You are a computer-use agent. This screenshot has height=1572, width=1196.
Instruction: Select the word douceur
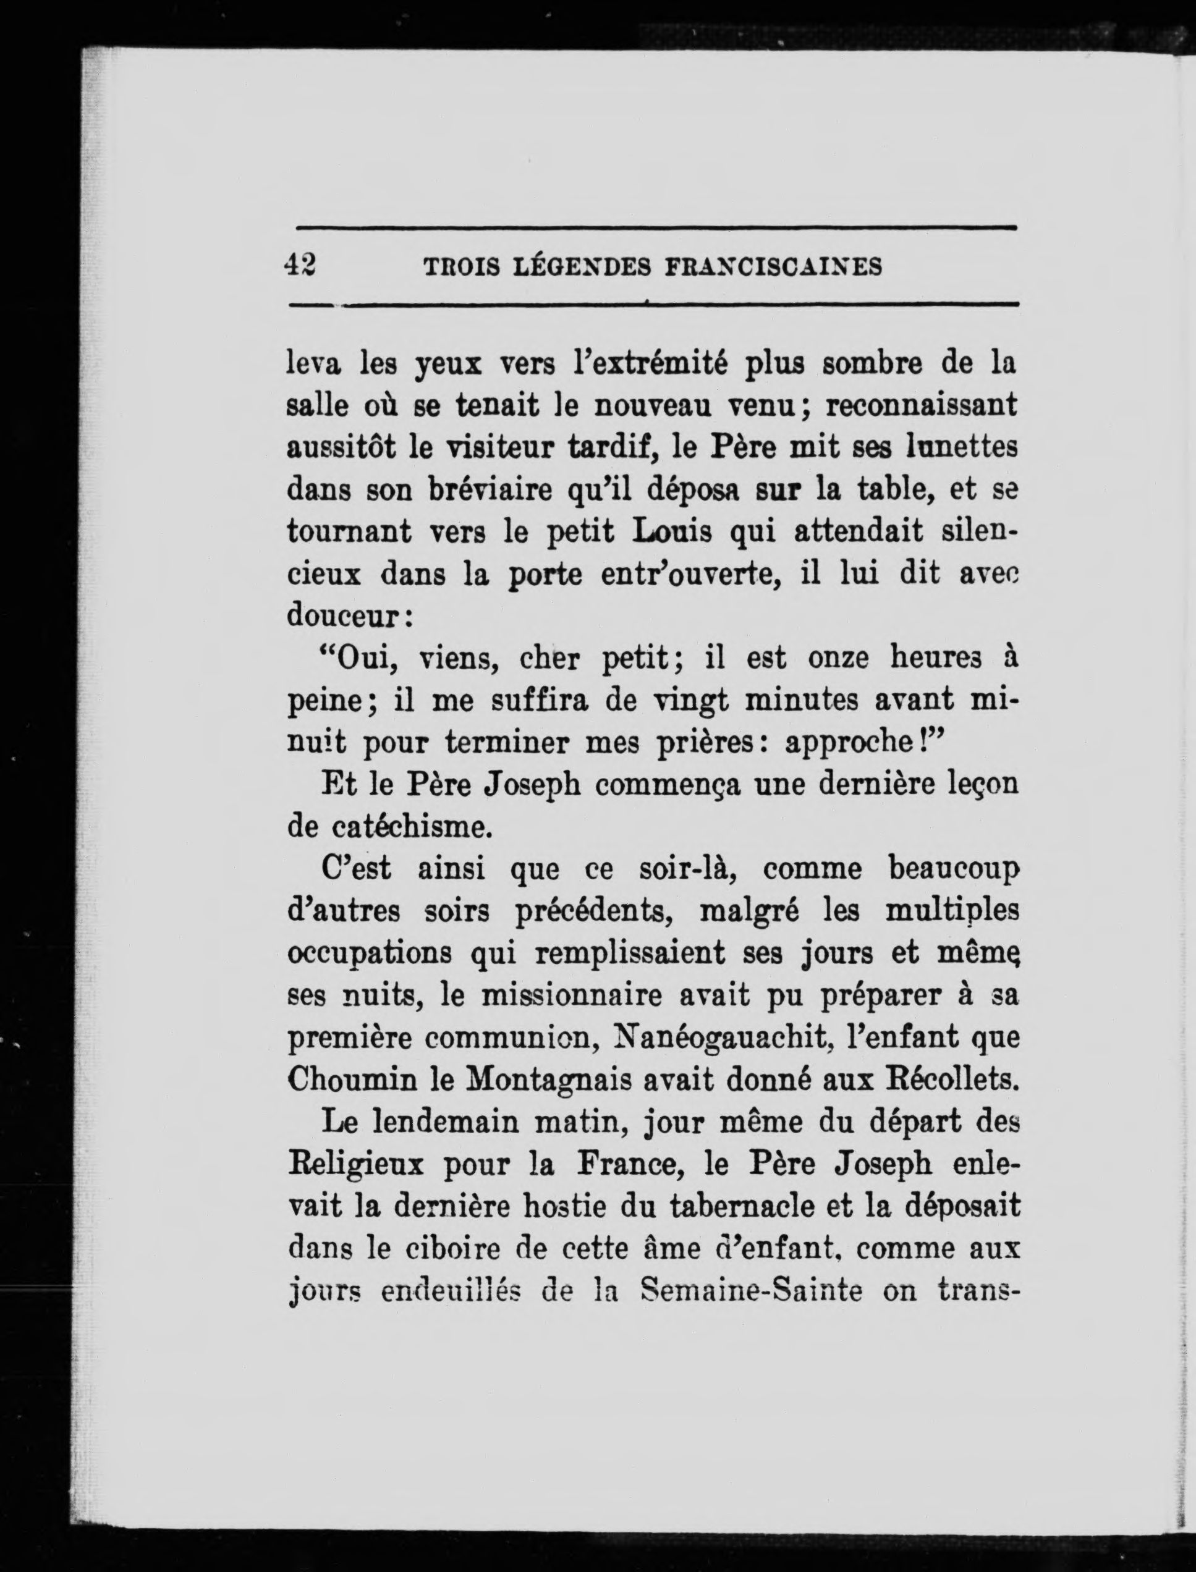tap(346, 616)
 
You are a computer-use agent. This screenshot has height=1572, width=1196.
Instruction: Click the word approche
tap(857, 743)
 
